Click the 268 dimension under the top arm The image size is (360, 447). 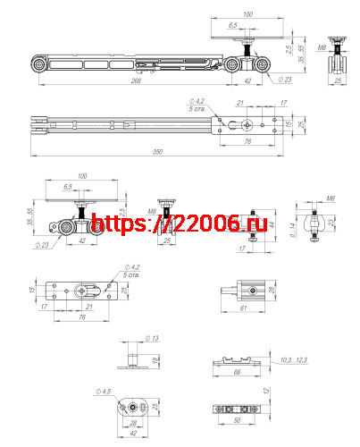[136, 80]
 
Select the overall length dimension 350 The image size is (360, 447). [157, 152]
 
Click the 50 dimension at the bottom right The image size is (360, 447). [238, 419]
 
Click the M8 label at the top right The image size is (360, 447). [321, 43]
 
